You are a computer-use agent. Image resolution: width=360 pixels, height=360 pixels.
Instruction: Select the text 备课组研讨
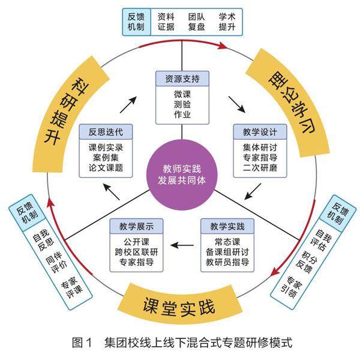click(x=227, y=252)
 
